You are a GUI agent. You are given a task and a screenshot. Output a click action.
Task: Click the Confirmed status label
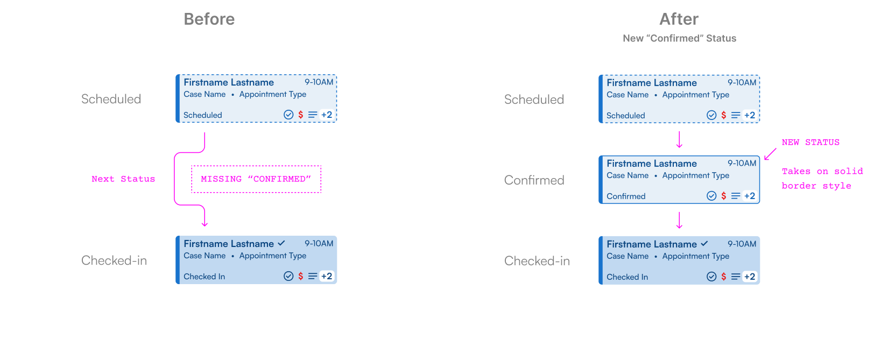click(x=626, y=196)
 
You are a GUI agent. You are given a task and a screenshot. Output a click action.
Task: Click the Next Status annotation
click(x=123, y=179)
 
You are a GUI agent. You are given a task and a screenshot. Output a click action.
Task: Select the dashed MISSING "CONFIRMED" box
click(x=256, y=179)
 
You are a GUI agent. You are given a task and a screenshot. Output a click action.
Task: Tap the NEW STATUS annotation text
click(x=811, y=143)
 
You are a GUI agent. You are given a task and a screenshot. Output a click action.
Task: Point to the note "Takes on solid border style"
click(x=822, y=179)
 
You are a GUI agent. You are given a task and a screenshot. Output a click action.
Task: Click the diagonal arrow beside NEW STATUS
click(x=770, y=154)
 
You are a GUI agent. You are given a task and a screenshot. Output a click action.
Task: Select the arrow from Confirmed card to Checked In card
click(x=679, y=220)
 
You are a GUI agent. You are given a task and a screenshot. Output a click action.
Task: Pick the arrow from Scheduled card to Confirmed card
click(x=679, y=139)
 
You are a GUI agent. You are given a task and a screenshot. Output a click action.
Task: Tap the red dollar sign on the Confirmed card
click(x=723, y=196)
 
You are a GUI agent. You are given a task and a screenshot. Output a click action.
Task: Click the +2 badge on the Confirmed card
click(x=749, y=196)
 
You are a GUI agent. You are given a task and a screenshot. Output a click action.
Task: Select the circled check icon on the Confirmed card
click(x=711, y=196)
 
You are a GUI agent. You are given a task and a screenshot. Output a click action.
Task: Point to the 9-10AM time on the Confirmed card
click(x=742, y=163)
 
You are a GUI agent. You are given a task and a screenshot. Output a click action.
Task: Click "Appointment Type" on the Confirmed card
click(x=695, y=175)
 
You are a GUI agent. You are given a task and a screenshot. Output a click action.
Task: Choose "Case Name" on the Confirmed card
click(x=628, y=175)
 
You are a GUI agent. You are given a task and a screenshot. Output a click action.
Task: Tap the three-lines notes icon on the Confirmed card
click(x=735, y=196)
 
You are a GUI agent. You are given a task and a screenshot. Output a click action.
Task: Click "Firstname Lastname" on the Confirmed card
click(x=651, y=164)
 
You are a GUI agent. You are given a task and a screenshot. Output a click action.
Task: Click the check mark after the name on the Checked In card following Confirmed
click(x=704, y=244)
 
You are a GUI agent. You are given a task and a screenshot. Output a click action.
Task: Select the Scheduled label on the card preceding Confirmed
click(x=625, y=116)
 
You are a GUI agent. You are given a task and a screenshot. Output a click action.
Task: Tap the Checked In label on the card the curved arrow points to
click(x=204, y=277)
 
